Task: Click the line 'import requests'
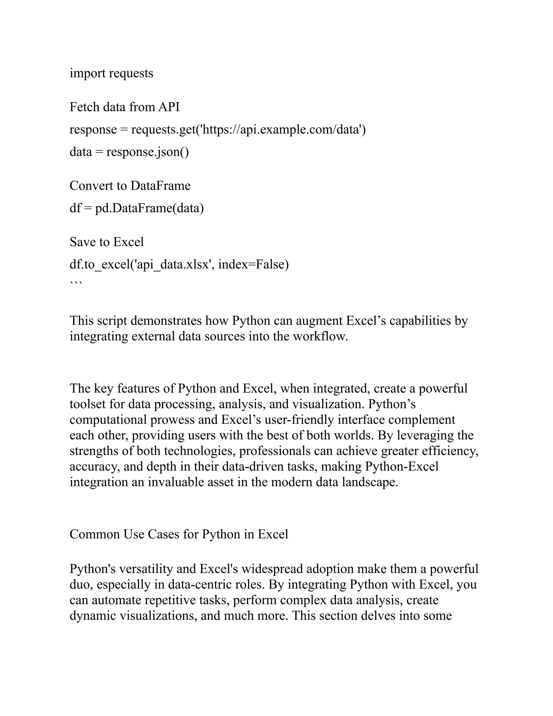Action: tap(112, 73)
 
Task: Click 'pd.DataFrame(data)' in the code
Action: tap(149, 208)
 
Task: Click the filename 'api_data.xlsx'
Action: tap(173, 264)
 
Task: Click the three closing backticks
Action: tap(76, 284)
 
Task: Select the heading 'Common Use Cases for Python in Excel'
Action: tap(179, 534)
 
